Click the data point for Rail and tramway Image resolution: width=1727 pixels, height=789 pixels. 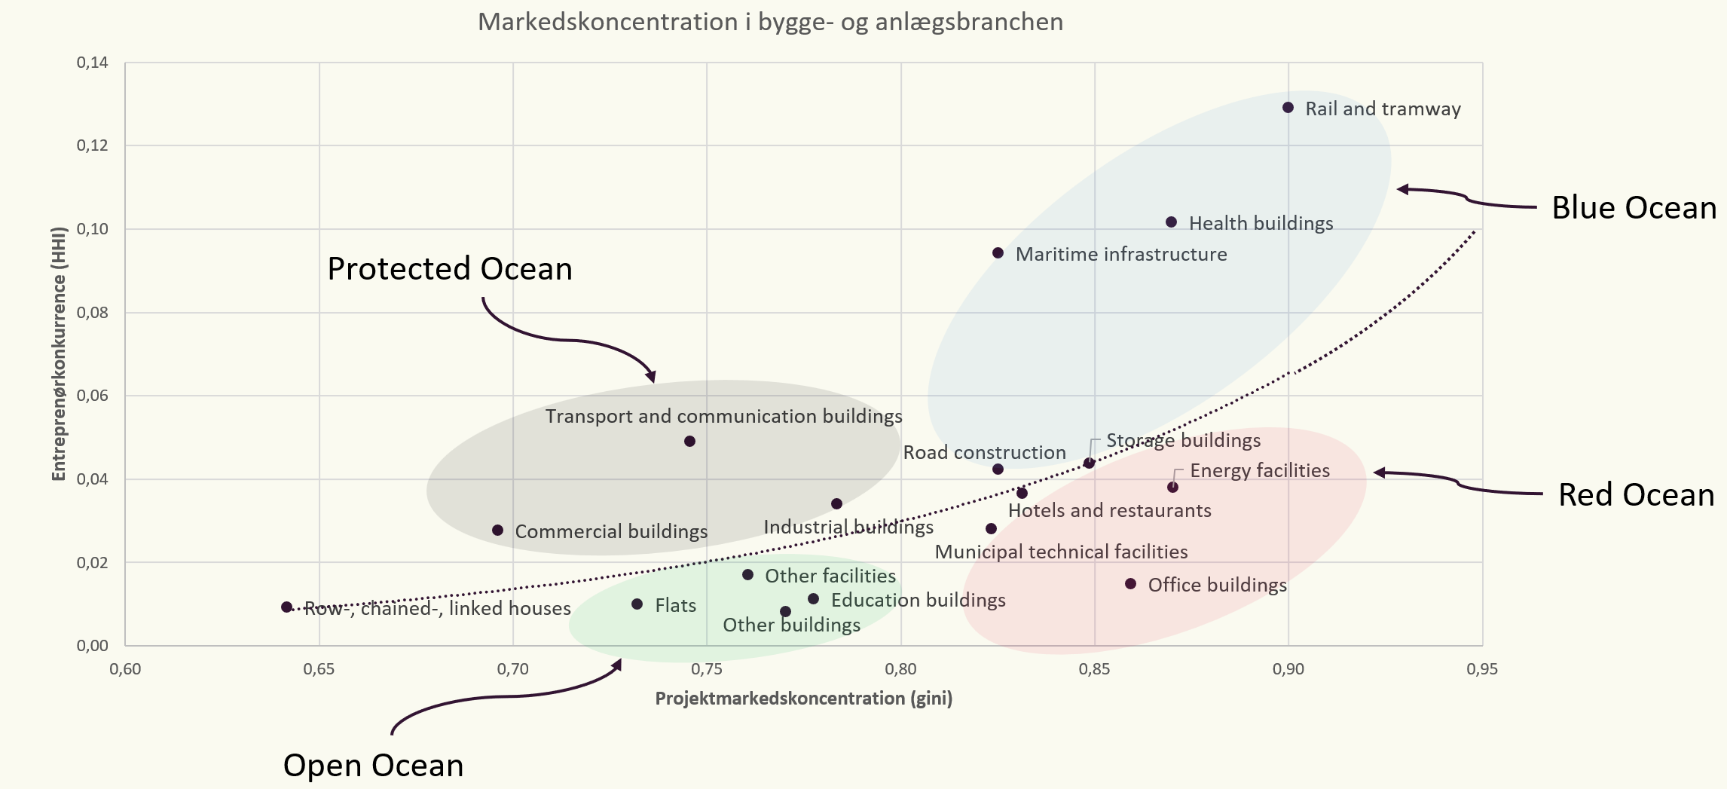coord(1288,108)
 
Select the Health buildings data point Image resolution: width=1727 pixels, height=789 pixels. coord(1171,222)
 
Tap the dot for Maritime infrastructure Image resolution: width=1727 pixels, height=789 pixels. coord(998,253)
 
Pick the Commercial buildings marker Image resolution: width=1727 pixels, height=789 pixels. coord(497,531)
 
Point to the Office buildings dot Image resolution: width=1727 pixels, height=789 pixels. coord(1130,584)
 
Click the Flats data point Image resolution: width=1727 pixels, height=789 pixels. coord(637,604)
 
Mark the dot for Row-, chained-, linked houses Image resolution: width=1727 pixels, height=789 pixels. coord(286,607)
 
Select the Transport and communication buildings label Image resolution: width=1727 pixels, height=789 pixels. coord(723,417)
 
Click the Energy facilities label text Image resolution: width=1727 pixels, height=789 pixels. coord(1260,471)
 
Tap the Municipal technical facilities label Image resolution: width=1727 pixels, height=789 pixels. coord(1061,552)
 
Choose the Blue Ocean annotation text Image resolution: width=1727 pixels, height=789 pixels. coord(1634,208)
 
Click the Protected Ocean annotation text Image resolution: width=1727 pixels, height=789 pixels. coord(450,269)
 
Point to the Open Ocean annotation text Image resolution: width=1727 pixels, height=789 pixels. coord(373,766)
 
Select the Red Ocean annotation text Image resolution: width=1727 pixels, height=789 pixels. coord(1636,495)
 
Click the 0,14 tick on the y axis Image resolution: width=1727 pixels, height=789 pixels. coord(93,63)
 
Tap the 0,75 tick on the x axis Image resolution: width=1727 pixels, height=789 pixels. coord(707,669)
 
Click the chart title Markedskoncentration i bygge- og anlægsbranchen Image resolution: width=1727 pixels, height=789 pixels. coord(770,22)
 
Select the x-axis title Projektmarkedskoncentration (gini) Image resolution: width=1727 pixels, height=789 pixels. coord(803,699)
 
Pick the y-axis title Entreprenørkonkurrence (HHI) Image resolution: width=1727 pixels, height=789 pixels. coord(59,353)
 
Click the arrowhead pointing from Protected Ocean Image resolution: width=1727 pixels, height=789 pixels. coord(651,377)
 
